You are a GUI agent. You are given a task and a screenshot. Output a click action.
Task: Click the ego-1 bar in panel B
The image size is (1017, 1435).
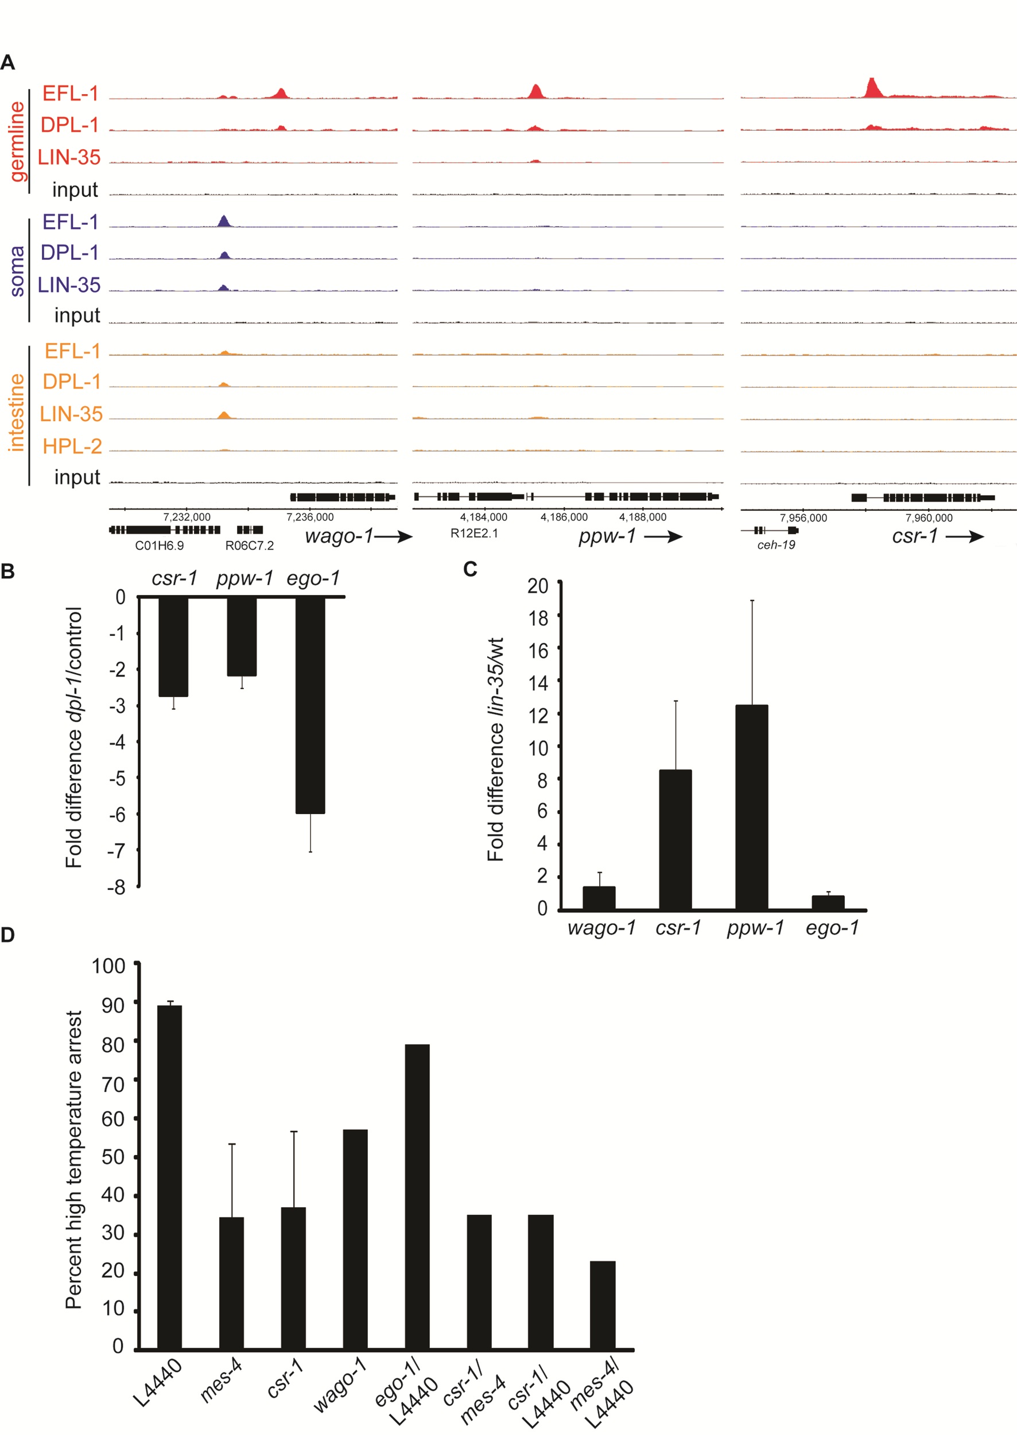click(x=310, y=705)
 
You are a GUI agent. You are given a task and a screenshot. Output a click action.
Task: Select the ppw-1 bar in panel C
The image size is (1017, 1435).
click(x=751, y=807)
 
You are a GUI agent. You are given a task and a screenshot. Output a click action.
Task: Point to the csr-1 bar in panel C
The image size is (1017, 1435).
click(x=675, y=839)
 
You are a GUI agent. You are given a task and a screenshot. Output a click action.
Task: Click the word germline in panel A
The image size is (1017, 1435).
click(x=18, y=142)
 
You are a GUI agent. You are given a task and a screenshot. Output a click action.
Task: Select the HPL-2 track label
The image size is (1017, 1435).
click(x=72, y=446)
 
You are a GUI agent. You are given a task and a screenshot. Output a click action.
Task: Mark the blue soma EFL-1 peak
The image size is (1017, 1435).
click(x=224, y=220)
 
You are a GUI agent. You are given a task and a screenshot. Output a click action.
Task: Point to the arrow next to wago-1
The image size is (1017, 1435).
click(x=393, y=536)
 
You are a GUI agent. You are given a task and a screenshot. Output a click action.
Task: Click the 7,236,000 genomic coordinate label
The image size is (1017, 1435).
click(x=310, y=517)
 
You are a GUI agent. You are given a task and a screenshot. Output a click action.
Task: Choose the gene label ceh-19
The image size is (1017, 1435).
click(x=776, y=545)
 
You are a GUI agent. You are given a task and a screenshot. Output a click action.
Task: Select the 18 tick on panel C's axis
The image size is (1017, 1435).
click(x=538, y=618)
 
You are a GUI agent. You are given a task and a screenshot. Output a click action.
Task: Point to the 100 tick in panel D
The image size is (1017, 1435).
click(x=108, y=966)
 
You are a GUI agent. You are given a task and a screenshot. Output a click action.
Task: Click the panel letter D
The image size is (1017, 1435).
click(x=7, y=935)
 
